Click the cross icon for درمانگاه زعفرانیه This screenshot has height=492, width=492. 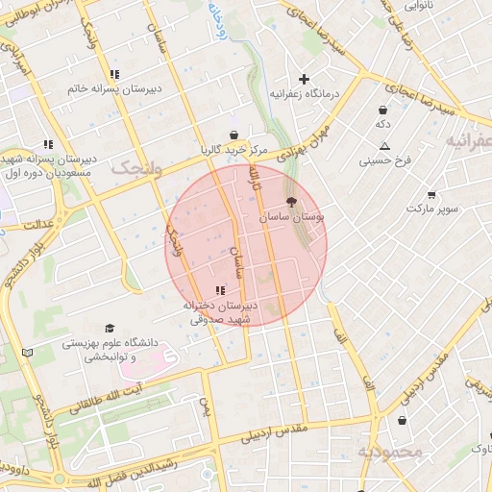305,79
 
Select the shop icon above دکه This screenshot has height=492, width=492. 383,110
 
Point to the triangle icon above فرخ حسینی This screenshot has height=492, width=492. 384,146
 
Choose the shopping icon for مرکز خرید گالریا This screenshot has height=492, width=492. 234,135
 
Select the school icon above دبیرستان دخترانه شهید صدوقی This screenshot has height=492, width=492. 220,289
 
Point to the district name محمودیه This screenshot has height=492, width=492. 390,452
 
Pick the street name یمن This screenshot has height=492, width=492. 204,408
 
